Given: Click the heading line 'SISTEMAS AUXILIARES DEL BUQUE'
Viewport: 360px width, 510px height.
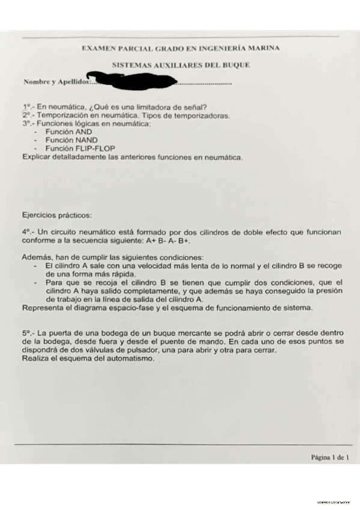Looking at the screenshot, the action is (x=181, y=64).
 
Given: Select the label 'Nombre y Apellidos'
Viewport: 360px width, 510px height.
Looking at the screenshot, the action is (x=55, y=81).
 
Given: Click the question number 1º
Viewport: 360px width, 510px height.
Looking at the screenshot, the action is (x=26, y=107).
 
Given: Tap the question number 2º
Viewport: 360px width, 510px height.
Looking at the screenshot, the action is (x=26, y=115).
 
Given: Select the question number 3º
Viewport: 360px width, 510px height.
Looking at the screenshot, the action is (x=26, y=123).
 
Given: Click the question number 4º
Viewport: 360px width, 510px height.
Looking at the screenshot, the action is (x=26, y=232).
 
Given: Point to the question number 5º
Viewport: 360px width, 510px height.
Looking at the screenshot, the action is (x=26, y=333).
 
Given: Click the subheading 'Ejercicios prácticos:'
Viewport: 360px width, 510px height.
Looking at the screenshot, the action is (x=56, y=214).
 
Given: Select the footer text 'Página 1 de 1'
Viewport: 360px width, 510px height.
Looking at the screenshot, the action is (x=330, y=457).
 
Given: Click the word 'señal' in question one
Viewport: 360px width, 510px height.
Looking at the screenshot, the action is (x=194, y=107).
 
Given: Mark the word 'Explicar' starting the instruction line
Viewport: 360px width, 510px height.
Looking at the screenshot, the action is (x=35, y=157).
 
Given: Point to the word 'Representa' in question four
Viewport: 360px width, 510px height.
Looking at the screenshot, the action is (x=43, y=308).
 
